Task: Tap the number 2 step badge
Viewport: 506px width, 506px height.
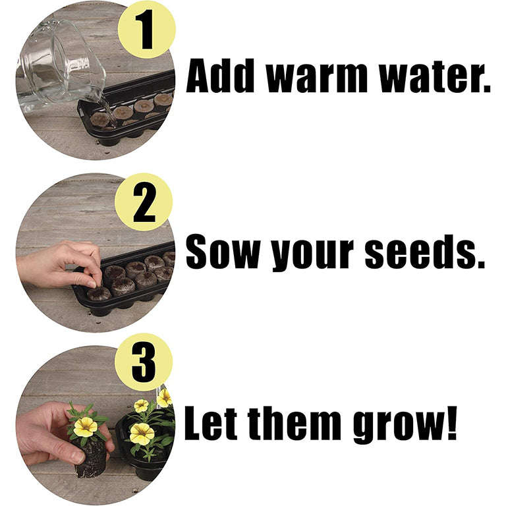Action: click(144, 202)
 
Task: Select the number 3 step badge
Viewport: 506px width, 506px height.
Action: click(144, 362)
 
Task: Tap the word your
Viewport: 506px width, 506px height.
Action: click(313, 256)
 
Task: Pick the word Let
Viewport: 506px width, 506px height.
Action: click(210, 423)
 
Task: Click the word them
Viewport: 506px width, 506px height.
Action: click(295, 423)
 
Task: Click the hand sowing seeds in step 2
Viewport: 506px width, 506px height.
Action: click(58, 266)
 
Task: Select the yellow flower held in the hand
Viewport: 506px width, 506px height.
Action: click(86, 427)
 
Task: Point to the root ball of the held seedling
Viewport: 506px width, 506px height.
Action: click(92, 459)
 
